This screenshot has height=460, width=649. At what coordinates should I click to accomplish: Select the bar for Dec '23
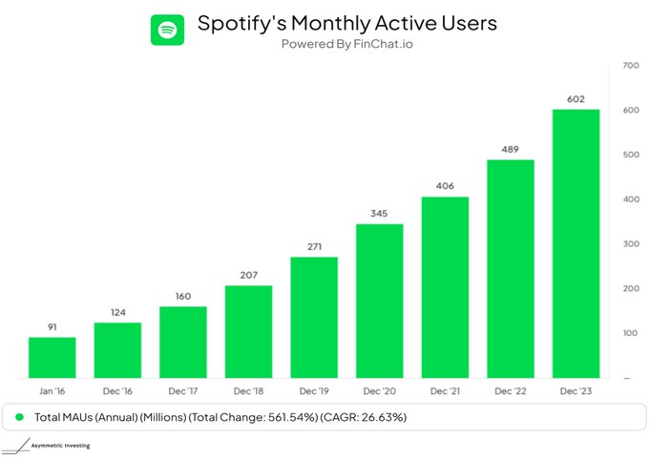click(576, 243)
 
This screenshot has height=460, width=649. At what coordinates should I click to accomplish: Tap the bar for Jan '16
click(52, 357)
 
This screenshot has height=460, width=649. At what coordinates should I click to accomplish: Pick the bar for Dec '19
click(314, 317)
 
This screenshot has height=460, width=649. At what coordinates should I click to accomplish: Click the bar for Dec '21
click(445, 286)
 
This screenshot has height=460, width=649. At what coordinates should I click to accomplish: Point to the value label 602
click(576, 99)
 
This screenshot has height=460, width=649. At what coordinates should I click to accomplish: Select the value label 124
click(117, 312)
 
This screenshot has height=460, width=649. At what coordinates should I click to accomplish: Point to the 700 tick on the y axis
click(630, 65)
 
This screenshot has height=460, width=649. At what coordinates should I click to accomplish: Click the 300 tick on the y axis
click(630, 243)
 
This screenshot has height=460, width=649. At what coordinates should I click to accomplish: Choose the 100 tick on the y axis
click(630, 332)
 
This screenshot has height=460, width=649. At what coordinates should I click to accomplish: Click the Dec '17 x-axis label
click(182, 391)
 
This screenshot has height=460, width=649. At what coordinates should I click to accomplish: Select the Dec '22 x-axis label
click(510, 391)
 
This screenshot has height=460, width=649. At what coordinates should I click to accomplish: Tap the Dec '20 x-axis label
click(379, 391)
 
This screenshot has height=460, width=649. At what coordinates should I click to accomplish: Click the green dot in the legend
click(20, 418)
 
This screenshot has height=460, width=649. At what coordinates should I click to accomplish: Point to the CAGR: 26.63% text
click(367, 418)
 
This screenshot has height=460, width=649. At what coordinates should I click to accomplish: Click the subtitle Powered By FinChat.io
click(346, 44)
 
